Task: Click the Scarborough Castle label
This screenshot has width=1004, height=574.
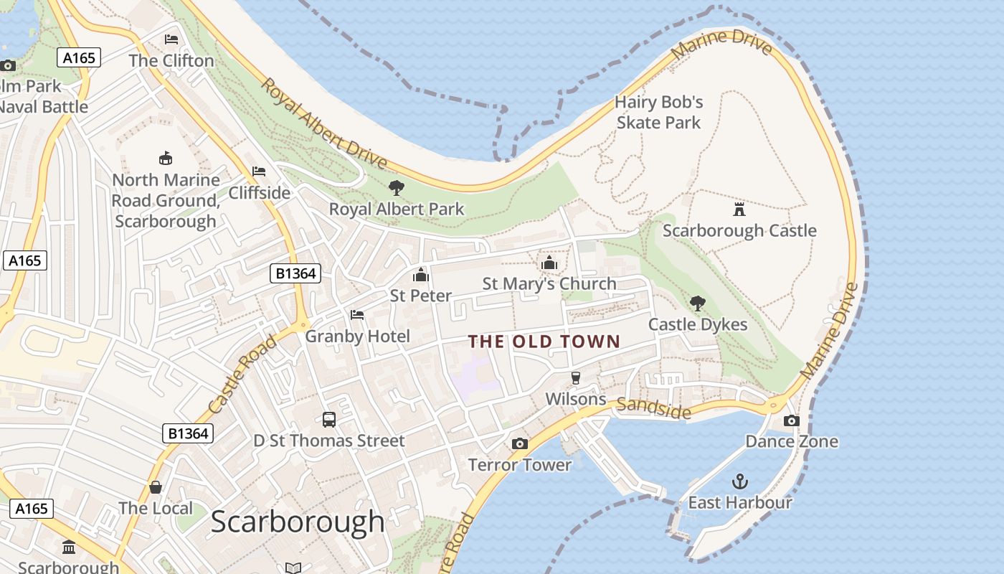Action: (739, 230)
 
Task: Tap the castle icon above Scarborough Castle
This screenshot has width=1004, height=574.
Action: (739, 209)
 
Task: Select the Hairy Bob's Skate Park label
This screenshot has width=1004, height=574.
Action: (658, 113)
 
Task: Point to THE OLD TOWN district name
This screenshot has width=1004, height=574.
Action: (544, 342)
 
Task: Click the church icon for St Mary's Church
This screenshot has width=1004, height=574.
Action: (549, 263)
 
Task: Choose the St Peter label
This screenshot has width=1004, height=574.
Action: (421, 296)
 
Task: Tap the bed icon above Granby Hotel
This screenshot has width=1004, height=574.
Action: (357, 315)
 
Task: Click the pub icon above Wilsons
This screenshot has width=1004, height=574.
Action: (575, 377)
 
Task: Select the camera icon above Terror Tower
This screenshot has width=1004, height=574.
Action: (520, 443)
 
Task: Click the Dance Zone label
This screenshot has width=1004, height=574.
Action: (792, 441)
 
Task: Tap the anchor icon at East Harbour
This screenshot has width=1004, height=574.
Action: (739, 481)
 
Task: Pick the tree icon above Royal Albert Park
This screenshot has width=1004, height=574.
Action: (396, 188)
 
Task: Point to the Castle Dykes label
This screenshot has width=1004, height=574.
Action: (698, 324)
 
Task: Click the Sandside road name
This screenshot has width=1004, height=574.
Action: (653, 408)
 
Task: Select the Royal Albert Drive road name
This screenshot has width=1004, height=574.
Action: (323, 123)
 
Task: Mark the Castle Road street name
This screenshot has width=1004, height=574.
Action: (242, 375)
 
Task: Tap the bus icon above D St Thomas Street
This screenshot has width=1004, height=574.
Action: (329, 420)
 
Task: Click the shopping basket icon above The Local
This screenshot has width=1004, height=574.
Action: (156, 488)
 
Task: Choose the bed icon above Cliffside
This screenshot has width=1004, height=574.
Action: (259, 171)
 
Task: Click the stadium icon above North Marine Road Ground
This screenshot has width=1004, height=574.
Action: (166, 158)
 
